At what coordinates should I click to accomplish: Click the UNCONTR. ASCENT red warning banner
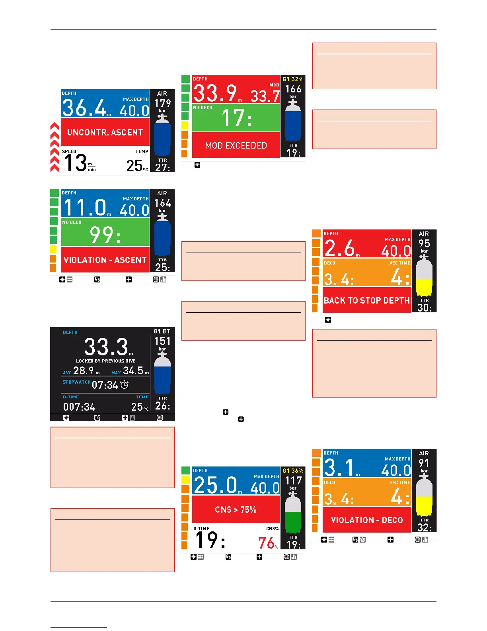(x=105, y=132)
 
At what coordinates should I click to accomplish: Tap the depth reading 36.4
(x=84, y=108)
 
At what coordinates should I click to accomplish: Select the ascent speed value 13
(x=75, y=163)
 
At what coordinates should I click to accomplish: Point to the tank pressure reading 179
(x=162, y=104)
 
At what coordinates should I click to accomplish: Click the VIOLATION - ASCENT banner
(x=105, y=260)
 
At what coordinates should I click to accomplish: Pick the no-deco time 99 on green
(x=105, y=235)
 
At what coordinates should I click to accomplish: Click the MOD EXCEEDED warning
(x=236, y=146)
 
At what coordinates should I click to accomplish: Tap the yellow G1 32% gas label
(x=293, y=79)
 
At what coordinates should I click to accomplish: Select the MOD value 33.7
(x=265, y=96)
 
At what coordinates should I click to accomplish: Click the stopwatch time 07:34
(x=105, y=385)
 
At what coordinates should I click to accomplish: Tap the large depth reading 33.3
(x=106, y=347)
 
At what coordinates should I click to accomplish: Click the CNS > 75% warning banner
(x=236, y=510)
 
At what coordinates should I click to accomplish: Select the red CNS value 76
(x=266, y=543)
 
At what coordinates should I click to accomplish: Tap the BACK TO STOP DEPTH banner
(x=366, y=301)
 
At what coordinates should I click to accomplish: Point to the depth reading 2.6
(x=339, y=248)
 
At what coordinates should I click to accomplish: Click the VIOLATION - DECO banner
(x=366, y=520)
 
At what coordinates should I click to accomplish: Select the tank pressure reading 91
(x=424, y=463)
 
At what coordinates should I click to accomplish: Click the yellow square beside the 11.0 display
(x=53, y=250)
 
